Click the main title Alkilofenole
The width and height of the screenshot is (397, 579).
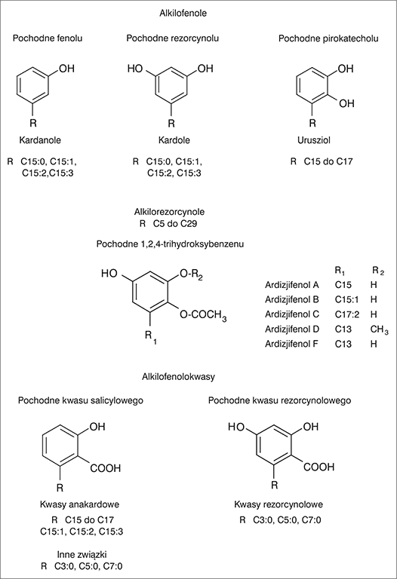click(183, 14)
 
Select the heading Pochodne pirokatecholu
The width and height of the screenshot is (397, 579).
click(328, 38)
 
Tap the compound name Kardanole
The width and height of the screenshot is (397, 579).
click(40, 140)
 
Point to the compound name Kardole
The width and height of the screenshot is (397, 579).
click(174, 140)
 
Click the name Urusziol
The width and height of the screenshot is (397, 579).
click(314, 140)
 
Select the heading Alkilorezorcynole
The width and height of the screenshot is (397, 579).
click(169, 212)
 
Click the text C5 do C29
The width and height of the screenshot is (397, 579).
click(175, 224)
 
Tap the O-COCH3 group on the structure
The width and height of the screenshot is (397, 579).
click(203, 315)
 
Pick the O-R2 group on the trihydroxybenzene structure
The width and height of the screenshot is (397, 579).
click(191, 274)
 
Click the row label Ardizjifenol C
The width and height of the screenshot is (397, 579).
click(291, 314)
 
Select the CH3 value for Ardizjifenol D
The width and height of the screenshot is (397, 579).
click(379, 329)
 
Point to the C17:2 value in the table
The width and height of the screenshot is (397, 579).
click(347, 314)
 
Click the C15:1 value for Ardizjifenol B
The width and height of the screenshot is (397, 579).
click(346, 299)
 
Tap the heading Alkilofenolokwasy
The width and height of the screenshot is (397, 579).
click(178, 377)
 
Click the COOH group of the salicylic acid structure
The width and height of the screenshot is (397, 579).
click(106, 468)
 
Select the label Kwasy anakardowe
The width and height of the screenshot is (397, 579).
click(79, 504)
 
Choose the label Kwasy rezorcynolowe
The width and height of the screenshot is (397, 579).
click(279, 504)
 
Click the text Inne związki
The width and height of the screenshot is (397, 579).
click(82, 555)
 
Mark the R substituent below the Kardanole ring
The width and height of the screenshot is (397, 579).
click(33, 123)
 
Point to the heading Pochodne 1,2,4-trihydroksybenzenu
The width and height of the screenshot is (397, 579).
click(170, 244)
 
